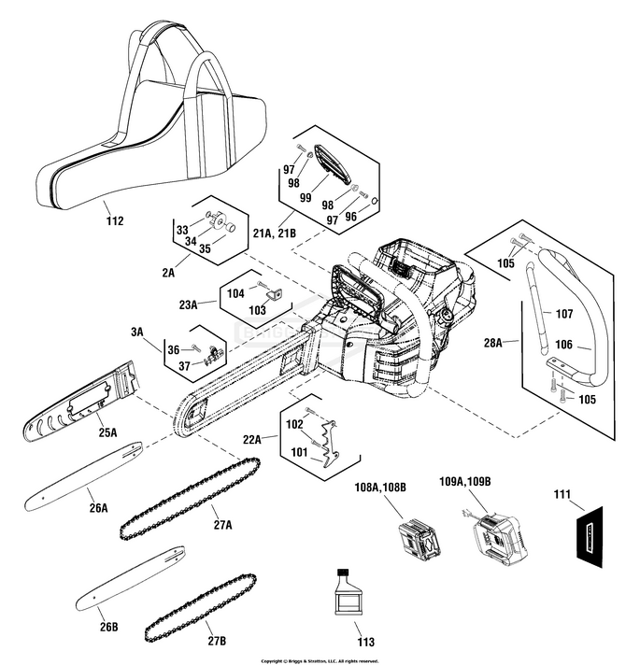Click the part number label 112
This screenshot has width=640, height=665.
pos(115,221)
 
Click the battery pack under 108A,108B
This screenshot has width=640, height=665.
pos(418,540)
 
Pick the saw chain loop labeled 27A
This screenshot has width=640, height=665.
pos(191,499)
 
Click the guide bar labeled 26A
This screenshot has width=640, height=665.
pos(84,475)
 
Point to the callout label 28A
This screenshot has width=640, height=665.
pos(492,343)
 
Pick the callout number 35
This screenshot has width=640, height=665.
pos(204,249)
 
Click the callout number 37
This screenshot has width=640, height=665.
pos(183,365)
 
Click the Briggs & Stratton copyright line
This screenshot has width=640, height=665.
pos(320,659)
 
